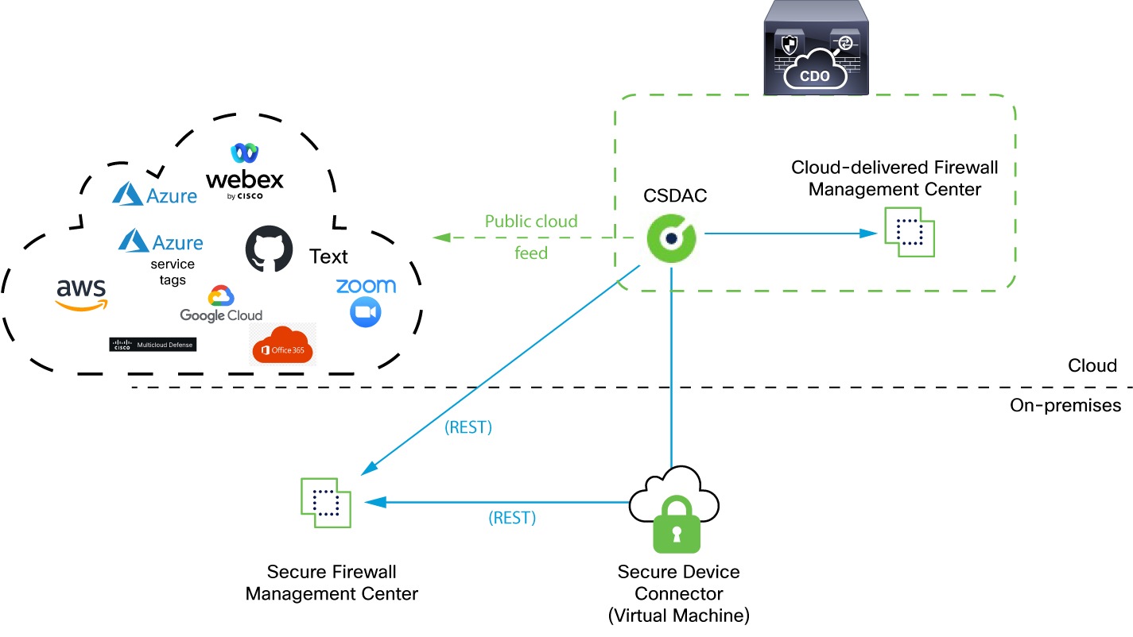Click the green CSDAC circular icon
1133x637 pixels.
671,237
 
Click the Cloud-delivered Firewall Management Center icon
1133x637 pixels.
910,232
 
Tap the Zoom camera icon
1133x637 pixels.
366,313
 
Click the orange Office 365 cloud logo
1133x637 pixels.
282,346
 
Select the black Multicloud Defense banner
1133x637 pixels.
152,345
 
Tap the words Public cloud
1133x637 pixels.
531,221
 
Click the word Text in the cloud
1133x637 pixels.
328,257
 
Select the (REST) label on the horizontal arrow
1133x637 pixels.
512,519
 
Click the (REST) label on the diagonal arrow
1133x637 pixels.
468,427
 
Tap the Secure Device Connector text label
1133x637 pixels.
678,582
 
